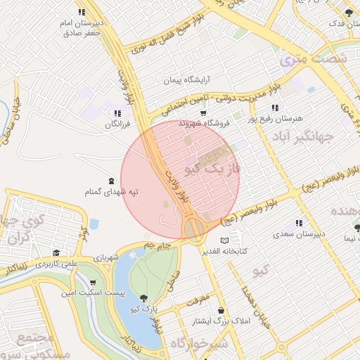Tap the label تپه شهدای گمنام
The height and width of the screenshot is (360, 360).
tap(111, 192)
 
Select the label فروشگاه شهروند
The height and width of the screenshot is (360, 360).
tap(205, 123)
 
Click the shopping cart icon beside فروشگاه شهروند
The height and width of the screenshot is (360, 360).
tap(203, 112)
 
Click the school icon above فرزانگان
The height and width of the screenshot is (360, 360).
tap(117, 113)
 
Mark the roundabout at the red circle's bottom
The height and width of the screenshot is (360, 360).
tap(195, 229)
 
